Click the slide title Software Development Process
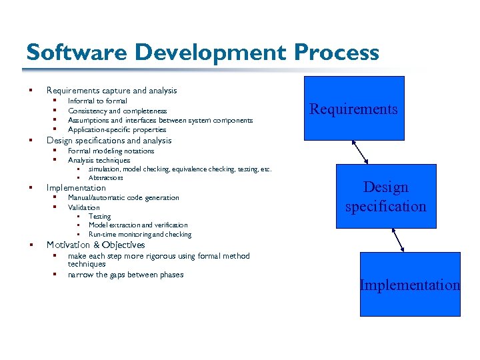(202, 53)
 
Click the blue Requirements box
(354, 109)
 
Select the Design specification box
(385, 197)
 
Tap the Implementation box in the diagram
(410, 285)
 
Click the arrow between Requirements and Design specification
(361, 151)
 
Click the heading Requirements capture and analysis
(111, 91)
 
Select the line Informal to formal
(97, 101)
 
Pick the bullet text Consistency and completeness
(117, 111)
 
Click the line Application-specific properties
(117, 130)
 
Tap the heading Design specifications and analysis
(109, 141)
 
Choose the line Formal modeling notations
(111, 151)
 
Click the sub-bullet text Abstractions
(105, 178)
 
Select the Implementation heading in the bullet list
(76, 188)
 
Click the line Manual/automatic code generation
(123, 198)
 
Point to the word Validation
(83, 207)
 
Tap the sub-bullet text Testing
(99, 217)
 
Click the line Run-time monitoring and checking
(139, 235)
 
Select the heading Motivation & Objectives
(95, 245)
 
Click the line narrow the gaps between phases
(125, 275)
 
